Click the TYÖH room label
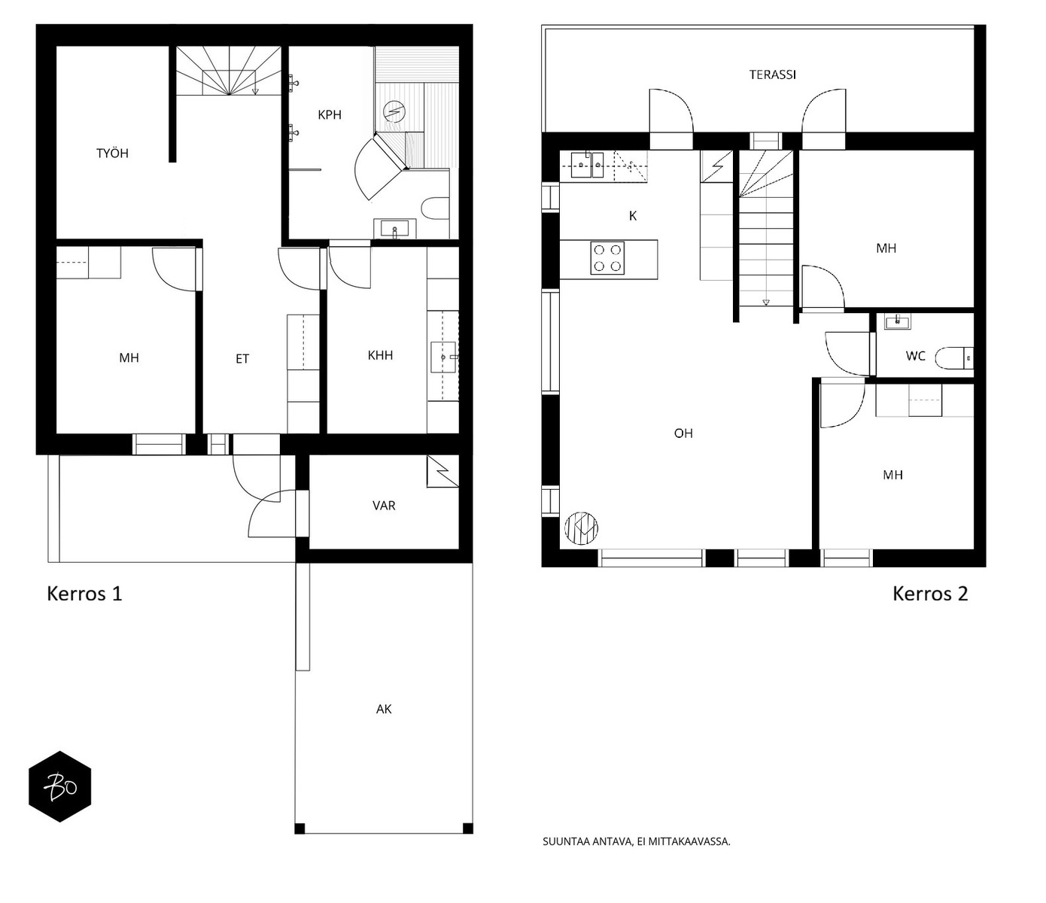coord(112,153)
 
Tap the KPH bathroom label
coord(330,115)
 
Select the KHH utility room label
coord(380,355)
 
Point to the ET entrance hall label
coord(242,359)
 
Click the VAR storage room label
coord(384,506)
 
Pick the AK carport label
coord(384,709)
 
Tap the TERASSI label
coord(772,75)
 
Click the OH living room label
coord(683,433)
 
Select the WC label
coord(915,356)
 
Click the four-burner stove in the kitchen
coord(607,258)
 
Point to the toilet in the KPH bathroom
coord(435,208)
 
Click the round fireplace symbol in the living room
coord(581,528)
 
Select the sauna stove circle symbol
coord(394,111)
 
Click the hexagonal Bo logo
coord(60,786)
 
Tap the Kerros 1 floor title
coord(84,594)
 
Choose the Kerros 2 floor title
coord(929,594)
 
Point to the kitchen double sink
coord(588,165)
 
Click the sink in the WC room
coord(897,322)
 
